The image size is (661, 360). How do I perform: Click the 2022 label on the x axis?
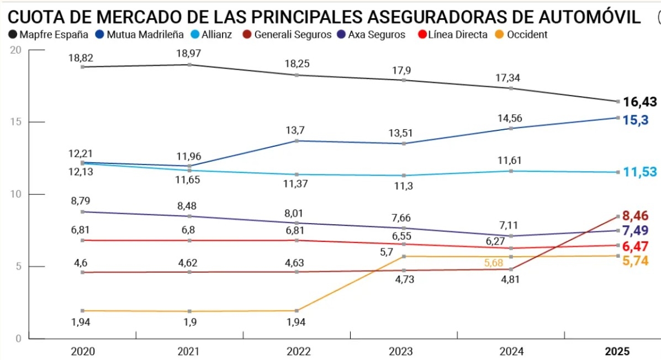(x=299, y=352)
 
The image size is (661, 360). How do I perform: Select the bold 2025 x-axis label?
(x=617, y=352)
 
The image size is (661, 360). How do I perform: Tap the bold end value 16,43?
(x=639, y=102)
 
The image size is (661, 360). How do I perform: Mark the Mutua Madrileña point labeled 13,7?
(x=298, y=141)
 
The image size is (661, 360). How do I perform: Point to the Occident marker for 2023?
(x=405, y=256)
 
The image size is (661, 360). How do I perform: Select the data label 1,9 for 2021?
(x=190, y=322)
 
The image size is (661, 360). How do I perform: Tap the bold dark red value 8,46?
(x=639, y=216)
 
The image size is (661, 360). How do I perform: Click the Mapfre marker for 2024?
(x=511, y=88)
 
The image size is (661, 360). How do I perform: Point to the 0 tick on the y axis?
(x=18, y=338)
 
